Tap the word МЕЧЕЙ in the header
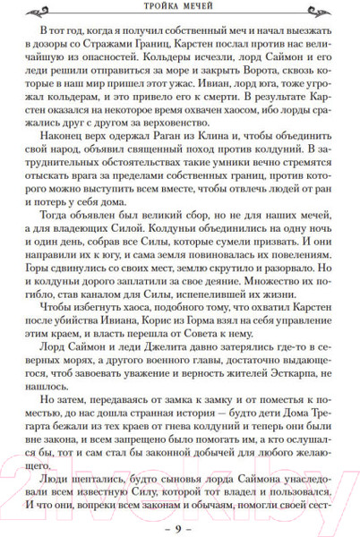[202, 10]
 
